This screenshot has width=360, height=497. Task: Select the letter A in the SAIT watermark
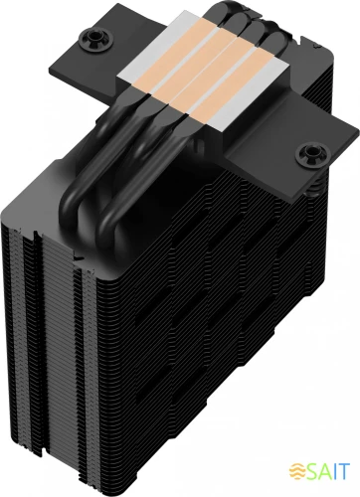pyautogui.click(x=322, y=466)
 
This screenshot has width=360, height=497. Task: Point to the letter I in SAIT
pyautogui.click(x=334, y=466)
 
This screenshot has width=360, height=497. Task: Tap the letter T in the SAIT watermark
pyautogui.click(x=344, y=466)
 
